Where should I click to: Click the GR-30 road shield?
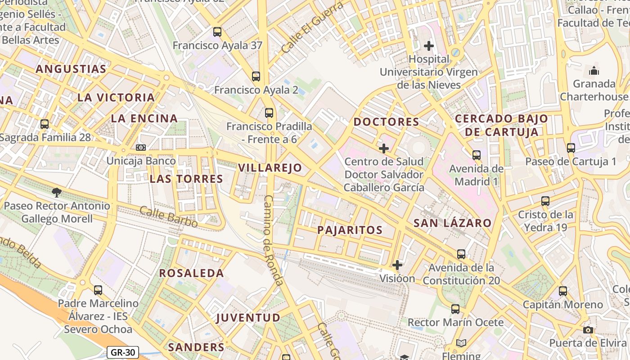click(x=123, y=352)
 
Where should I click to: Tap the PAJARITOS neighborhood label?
click(x=350, y=230)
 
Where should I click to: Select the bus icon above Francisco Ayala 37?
click(x=217, y=32)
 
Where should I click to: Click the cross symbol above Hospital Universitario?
click(x=429, y=45)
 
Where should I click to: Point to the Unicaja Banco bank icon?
click(x=141, y=148)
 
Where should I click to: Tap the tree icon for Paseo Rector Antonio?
click(x=57, y=193)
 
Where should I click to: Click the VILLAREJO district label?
click(x=270, y=168)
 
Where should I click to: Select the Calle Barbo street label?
click(x=168, y=216)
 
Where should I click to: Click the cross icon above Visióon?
click(x=397, y=265)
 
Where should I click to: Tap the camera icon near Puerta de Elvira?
click(x=588, y=330)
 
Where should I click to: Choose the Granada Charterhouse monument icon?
click(x=594, y=71)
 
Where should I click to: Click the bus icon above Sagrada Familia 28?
click(x=45, y=124)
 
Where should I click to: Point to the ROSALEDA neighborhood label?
click(x=191, y=273)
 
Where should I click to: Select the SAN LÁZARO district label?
click(x=452, y=223)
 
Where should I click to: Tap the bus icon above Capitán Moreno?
click(x=563, y=291)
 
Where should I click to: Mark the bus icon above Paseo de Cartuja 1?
click(x=571, y=148)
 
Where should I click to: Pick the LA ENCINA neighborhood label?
click(x=144, y=118)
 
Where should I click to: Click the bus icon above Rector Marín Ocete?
click(x=455, y=309)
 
